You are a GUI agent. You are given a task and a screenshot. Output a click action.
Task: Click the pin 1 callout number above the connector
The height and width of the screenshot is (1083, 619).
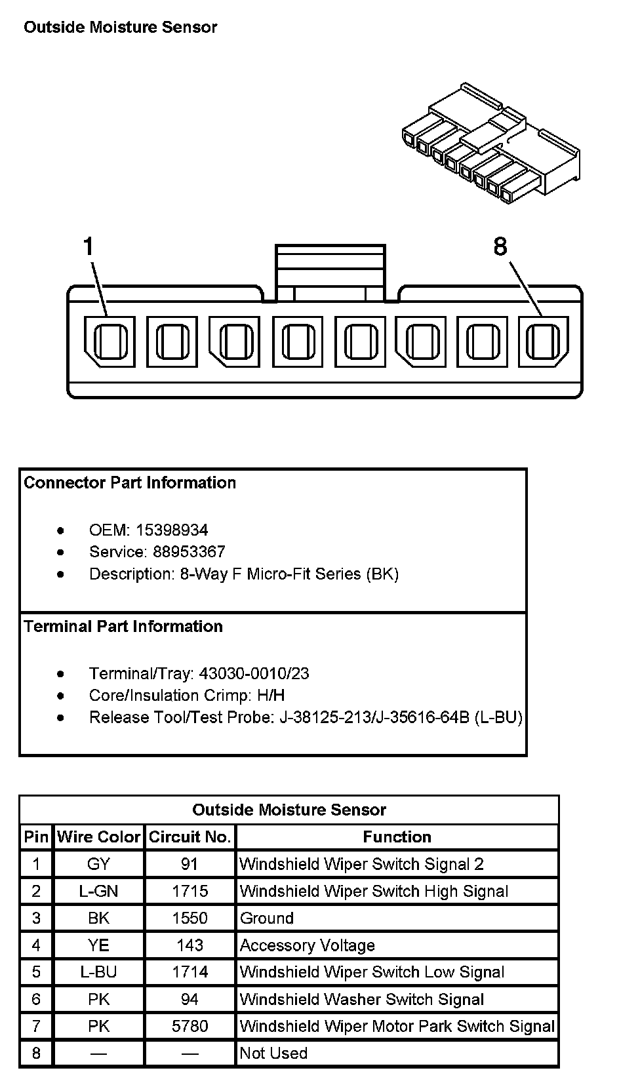pos(89,248)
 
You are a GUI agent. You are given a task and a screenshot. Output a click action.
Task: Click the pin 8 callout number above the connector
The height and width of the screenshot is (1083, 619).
pos(500,247)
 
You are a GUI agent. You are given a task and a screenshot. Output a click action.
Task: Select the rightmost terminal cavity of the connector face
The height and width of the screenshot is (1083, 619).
pos(543,342)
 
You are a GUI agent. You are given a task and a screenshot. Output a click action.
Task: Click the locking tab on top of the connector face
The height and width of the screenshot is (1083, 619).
pos(330,273)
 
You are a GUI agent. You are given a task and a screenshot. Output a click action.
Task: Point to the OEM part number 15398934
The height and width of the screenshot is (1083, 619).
pos(172,530)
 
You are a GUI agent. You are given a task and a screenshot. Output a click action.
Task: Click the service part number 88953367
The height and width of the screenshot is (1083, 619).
pos(189,551)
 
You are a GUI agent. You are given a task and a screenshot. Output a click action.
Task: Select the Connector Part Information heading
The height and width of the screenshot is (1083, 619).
pos(130,483)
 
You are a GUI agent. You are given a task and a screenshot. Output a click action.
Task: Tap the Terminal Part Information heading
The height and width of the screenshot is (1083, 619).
pos(123,627)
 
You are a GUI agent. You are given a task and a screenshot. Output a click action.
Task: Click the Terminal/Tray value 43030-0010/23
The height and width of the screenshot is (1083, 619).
pos(254,673)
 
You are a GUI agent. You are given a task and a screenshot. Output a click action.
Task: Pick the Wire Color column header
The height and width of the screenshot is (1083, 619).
pos(99,837)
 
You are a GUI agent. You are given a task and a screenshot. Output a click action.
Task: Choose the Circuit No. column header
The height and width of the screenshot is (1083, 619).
pos(190,837)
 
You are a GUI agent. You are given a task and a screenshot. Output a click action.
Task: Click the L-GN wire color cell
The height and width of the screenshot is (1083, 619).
pos(99,891)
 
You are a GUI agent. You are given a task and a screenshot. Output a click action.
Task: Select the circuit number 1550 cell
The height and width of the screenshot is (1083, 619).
pos(190,918)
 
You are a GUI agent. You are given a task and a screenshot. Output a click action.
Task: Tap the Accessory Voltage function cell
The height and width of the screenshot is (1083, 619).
pos(307,945)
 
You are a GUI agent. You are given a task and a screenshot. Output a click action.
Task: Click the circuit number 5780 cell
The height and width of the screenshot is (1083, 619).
pos(190,1026)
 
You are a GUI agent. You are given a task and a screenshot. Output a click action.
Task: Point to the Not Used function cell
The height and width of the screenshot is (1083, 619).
pos(273,1053)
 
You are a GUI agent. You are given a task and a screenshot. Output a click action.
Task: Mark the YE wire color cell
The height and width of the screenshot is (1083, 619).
pos(99,945)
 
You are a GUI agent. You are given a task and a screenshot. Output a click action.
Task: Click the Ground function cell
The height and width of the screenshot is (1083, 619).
pos(266,918)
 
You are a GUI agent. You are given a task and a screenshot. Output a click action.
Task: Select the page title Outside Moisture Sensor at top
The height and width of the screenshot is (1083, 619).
pos(120,28)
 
